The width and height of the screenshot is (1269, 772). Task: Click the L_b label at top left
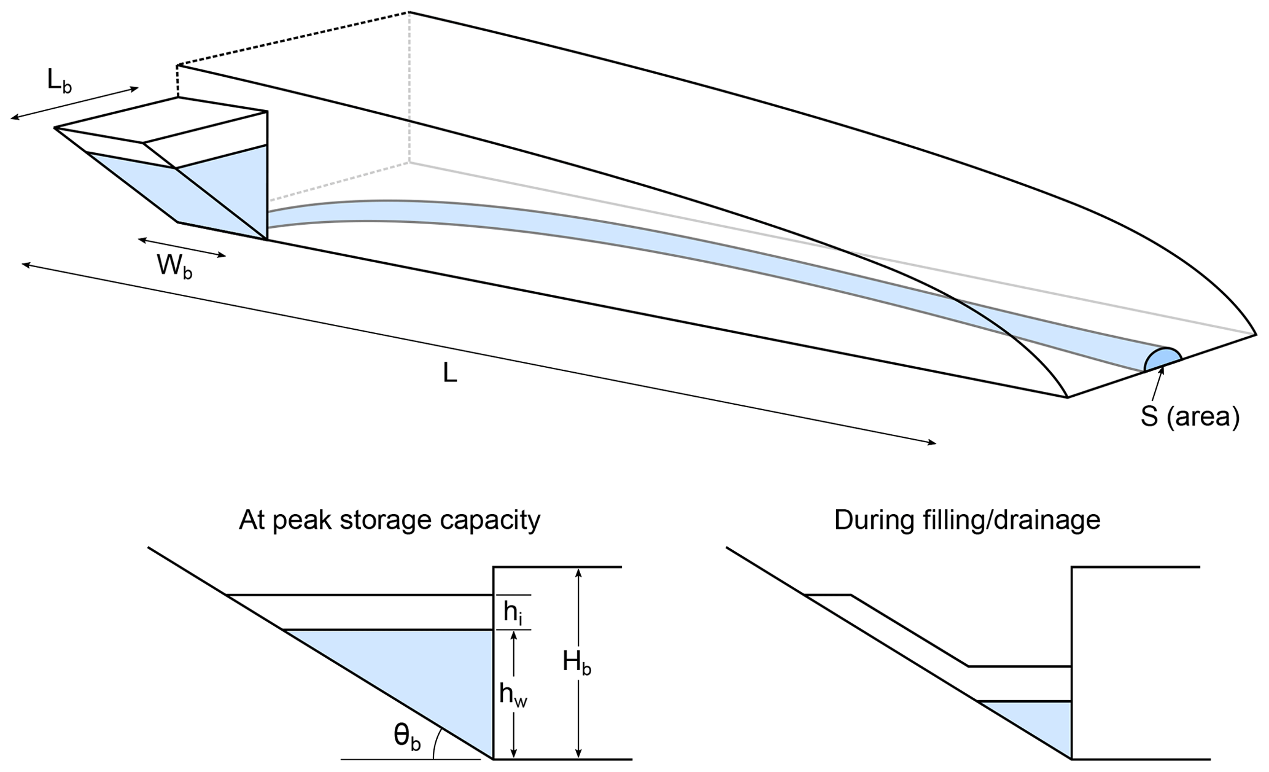point(60,82)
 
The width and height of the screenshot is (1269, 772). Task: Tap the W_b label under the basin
point(174,267)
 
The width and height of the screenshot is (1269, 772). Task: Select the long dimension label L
point(450,372)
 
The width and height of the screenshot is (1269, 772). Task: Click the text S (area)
point(1190,417)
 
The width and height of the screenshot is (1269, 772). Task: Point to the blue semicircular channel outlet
point(1162,359)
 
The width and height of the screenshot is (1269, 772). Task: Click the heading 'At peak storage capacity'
point(390,520)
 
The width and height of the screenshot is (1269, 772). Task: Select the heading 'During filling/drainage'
point(967,520)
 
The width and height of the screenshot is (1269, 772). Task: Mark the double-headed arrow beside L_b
point(74,103)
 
